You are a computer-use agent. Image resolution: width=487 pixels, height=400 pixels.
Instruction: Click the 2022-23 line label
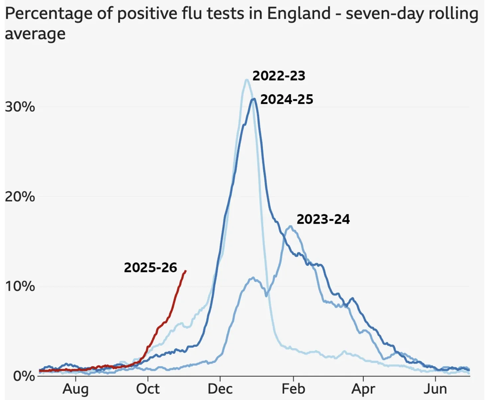[x=279, y=76]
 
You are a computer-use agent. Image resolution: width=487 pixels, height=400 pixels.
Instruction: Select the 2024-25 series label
[x=287, y=100]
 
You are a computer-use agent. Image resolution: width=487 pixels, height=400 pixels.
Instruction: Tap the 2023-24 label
[x=323, y=219]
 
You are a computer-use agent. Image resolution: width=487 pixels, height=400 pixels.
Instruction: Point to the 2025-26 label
[x=150, y=268]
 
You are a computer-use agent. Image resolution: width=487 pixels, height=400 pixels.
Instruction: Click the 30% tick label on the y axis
[x=20, y=107]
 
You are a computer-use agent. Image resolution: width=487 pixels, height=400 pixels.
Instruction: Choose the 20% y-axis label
[x=20, y=197]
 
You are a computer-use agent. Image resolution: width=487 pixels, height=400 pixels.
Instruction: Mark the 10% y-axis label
[x=20, y=287]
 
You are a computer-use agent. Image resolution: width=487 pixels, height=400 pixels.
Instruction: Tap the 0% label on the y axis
[x=24, y=376]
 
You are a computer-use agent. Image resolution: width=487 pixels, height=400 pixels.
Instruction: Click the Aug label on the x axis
[x=75, y=389]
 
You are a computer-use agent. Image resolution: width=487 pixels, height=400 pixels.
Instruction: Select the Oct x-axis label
[x=148, y=389]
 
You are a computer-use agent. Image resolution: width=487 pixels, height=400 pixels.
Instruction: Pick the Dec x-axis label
[x=220, y=389]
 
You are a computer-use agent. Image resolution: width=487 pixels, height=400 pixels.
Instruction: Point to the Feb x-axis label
[x=293, y=389]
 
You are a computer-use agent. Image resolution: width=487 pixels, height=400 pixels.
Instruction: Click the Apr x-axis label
[x=363, y=389]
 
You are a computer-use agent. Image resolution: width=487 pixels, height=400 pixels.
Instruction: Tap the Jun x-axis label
[x=435, y=389]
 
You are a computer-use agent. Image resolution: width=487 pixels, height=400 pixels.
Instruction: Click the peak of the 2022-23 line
[x=246, y=80]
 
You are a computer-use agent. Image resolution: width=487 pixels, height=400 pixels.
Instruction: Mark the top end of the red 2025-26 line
[x=186, y=271]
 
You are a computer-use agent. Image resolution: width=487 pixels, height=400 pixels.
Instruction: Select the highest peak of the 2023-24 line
[x=290, y=226]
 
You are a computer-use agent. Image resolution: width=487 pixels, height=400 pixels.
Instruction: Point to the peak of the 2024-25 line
[x=254, y=99]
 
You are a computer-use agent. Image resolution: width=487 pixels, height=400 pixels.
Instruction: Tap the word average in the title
[x=35, y=34]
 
